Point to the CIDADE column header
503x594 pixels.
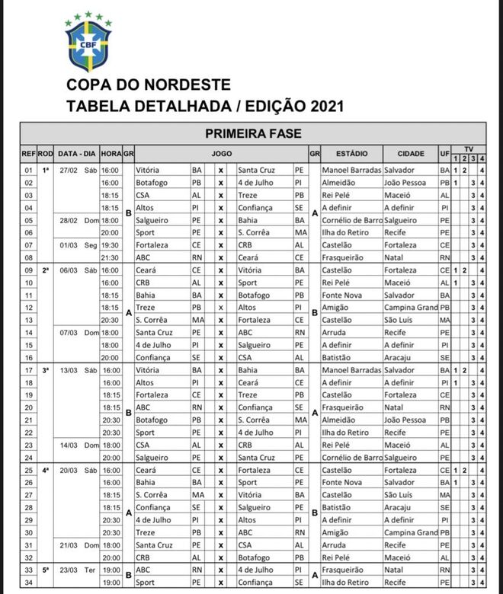pos(409,153)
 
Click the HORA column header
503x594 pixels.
pos(111,153)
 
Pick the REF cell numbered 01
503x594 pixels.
pos(29,170)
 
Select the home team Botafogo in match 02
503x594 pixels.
pos(154,183)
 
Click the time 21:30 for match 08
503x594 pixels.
pos(111,257)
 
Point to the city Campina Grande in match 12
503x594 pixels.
pos(412,306)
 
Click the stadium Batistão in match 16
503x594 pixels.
pos(338,356)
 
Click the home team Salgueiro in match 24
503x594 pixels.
pos(155,456)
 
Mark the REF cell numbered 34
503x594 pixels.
pos(29,582)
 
